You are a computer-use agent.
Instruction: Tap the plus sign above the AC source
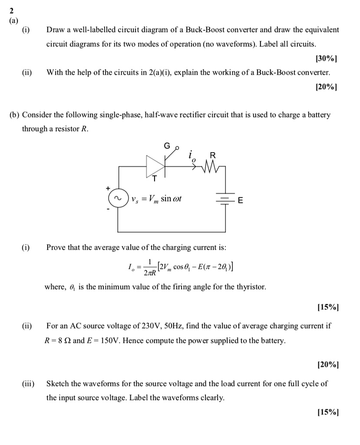[108, 189]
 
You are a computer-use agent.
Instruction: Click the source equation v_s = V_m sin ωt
[157, 199]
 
